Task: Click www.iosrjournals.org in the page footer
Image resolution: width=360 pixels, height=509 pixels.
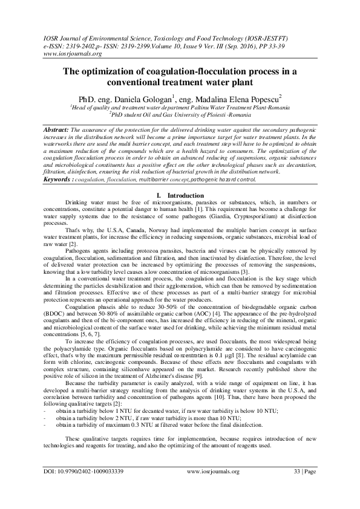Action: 214,488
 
